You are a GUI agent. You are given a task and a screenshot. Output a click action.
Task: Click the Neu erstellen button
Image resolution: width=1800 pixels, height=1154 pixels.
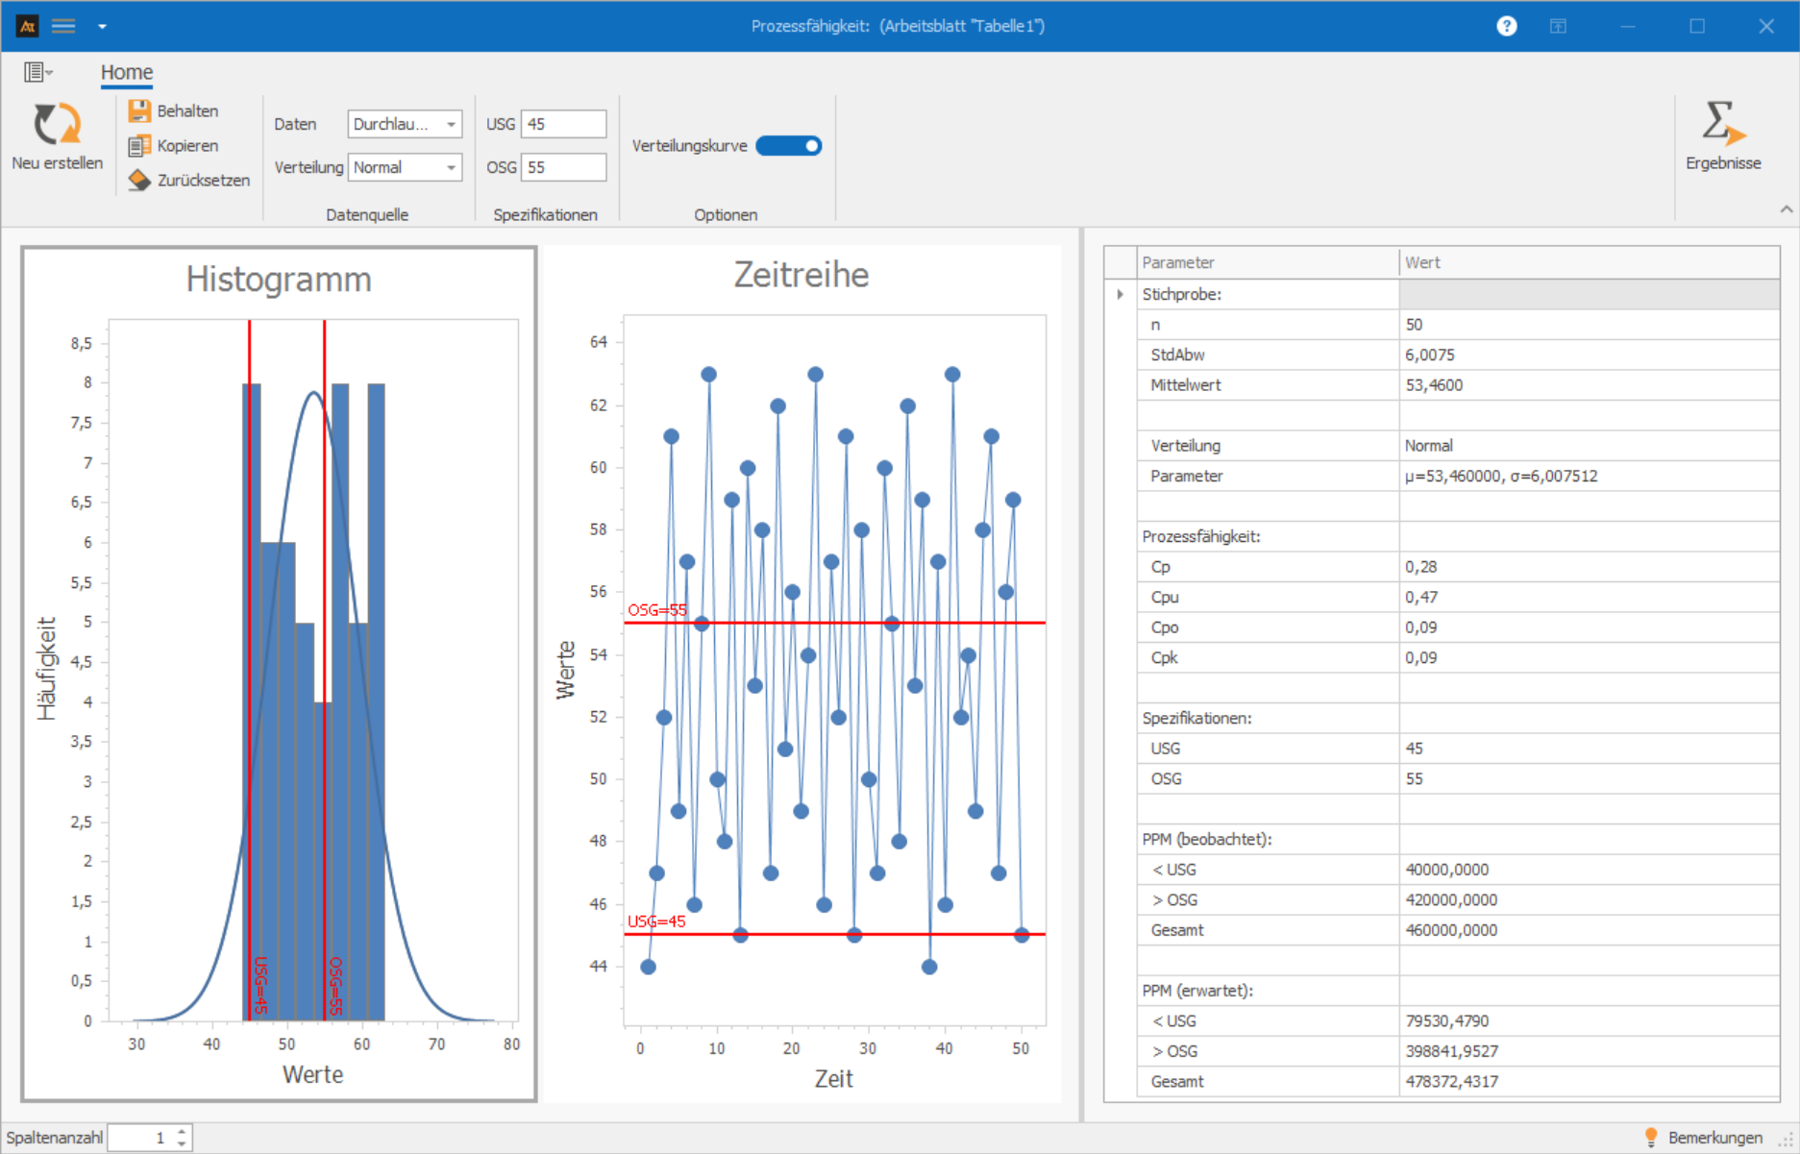click(x=57, y=136)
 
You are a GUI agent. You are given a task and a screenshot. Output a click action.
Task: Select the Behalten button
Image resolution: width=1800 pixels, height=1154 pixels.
click(x=174, y=111)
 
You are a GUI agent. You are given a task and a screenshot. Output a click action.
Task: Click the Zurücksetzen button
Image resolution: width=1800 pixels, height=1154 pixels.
click(x=189, y=181)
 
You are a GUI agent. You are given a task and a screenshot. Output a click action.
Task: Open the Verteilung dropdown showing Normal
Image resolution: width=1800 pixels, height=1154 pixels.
click(x=405, y=167)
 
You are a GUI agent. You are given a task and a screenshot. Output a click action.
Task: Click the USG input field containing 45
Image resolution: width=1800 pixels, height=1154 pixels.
click(x=563, y=124)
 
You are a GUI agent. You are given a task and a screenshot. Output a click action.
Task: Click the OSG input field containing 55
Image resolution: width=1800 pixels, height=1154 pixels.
click(x=563, y=167)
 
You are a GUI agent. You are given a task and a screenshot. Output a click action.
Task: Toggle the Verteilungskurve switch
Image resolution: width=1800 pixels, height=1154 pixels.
click(x=788, y=146)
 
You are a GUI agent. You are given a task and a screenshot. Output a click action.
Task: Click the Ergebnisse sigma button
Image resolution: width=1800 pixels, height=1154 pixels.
click(x=1722, y=135)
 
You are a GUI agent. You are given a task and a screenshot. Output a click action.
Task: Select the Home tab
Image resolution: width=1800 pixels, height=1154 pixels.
click(x=127, y=72)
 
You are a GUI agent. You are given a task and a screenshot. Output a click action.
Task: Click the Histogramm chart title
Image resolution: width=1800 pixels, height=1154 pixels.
click(x=279, y=280)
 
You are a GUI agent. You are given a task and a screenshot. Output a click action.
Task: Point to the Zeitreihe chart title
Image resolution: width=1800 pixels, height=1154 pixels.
click(x=801, y=275)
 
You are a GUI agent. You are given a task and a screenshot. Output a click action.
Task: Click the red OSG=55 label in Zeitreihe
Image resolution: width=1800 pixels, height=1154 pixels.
click(x=657, y=610)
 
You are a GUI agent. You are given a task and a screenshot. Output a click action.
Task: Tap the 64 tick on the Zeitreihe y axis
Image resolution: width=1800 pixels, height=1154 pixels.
click(x=599, y=342)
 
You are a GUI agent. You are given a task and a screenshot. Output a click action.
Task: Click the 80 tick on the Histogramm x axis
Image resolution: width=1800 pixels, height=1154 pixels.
click(x=511, y=1044)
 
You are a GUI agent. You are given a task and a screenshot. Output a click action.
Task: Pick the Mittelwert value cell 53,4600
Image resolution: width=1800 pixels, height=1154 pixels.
click(x=1434, y=385)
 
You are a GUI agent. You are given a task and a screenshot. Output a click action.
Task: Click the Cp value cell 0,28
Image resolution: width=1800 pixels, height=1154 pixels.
click(x=1421, y=567)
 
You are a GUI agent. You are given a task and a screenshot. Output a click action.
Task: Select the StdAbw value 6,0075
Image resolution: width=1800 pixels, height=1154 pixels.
click(x=1430, y=355)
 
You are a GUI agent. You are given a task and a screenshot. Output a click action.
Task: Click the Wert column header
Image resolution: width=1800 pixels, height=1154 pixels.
click(x=1422, y=262)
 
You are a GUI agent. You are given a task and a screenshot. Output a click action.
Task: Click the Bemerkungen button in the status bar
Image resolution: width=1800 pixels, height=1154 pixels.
click(x=1704, y=1138)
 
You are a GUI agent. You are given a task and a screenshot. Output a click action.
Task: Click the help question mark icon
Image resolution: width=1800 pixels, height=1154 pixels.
click(x=1506, y=26)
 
